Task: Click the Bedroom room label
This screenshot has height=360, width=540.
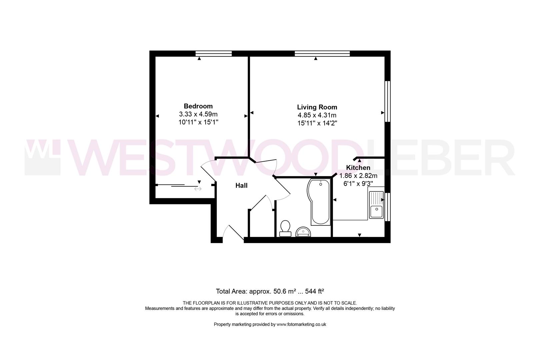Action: click(x=198, y=106)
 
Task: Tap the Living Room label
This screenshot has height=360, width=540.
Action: click(x=317, y=107)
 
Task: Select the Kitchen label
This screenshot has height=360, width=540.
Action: click(x=358, y=168)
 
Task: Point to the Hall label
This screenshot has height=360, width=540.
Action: click(x=241, y=186)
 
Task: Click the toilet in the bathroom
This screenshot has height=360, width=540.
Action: click(x=285, y=228)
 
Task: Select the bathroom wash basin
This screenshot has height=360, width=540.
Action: click(x=303, y=231)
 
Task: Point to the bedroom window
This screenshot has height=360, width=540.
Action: click(x=214, y=53)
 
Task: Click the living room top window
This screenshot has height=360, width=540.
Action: click(x=322, y=53)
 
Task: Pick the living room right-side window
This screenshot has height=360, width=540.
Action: click(x=387, y=101)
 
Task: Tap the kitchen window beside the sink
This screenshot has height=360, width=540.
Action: click(x=387, y=207)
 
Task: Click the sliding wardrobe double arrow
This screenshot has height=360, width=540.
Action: click(x=198, y=189)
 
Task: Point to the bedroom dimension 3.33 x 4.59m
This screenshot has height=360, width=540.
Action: click(x=198, y=114)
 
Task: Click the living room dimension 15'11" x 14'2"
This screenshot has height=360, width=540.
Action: click(x=317, y=123)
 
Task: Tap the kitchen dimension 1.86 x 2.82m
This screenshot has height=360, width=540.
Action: click(x=358, y=176)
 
